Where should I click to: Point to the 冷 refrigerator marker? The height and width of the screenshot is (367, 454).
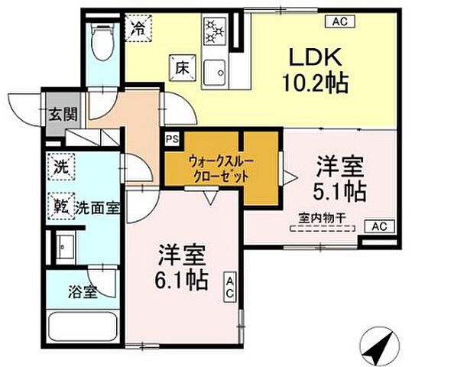point(138,31)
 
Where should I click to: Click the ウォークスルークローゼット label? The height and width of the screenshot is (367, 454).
point(219,167)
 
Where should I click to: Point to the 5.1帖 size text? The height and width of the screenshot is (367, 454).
point(339,188)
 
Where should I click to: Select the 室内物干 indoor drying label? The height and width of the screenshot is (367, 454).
point(322,219)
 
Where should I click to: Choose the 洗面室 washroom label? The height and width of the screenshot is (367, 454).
point(96,206)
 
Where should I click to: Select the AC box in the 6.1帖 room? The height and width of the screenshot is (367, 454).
point(229,287)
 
